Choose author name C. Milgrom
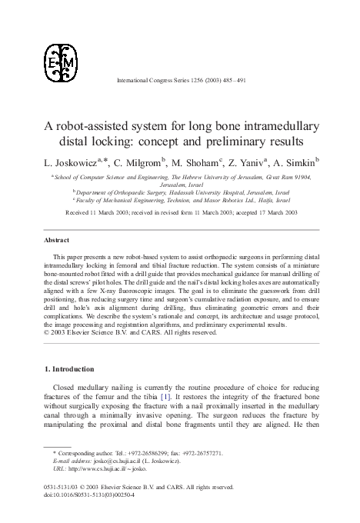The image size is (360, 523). coord(135,163)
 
